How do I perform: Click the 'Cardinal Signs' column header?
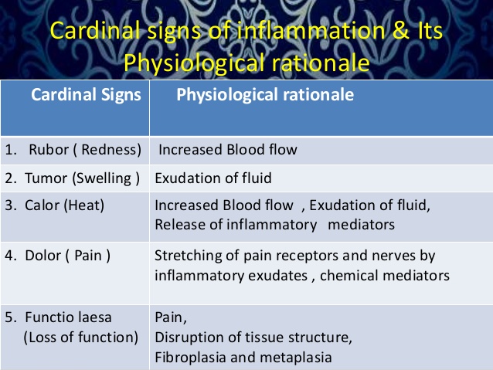click(x=86, y=96)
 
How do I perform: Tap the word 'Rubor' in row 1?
click(x=48, y=149)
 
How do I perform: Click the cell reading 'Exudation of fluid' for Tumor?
click(x=213, y=178)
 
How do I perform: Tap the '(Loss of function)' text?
click(x=81, y=338)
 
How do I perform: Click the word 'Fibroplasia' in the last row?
click(x=188, y=357)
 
